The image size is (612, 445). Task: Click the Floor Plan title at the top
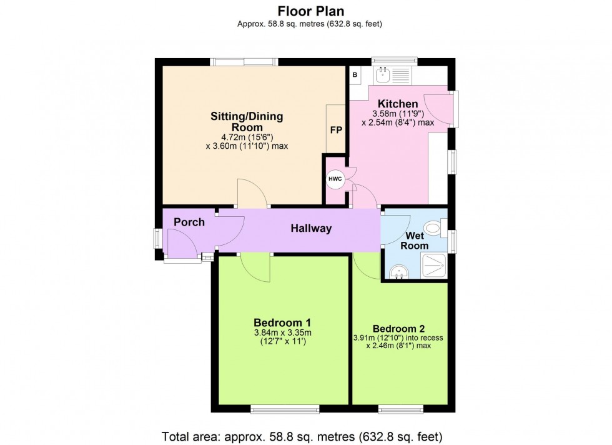(x=310, y=11)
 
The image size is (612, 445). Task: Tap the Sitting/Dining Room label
(x=247, y=121)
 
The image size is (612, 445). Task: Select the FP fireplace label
(x=336, y=130)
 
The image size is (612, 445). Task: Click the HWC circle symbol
(x=335, y=179)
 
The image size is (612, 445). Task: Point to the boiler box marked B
(x=355, y=75)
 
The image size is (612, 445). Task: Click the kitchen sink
(x=385, y=76)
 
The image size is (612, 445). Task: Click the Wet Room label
(x=415, y=241)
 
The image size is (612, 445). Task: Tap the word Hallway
(x=311, y=229)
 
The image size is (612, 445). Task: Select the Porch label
(x=189, y=222)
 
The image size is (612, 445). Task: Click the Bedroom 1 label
(x=282, y=322)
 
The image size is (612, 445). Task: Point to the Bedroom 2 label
(x=398, y=329)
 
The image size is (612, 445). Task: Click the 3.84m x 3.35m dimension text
(x=282, y=332)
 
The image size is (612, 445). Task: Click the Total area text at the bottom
(x=302, y=436)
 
